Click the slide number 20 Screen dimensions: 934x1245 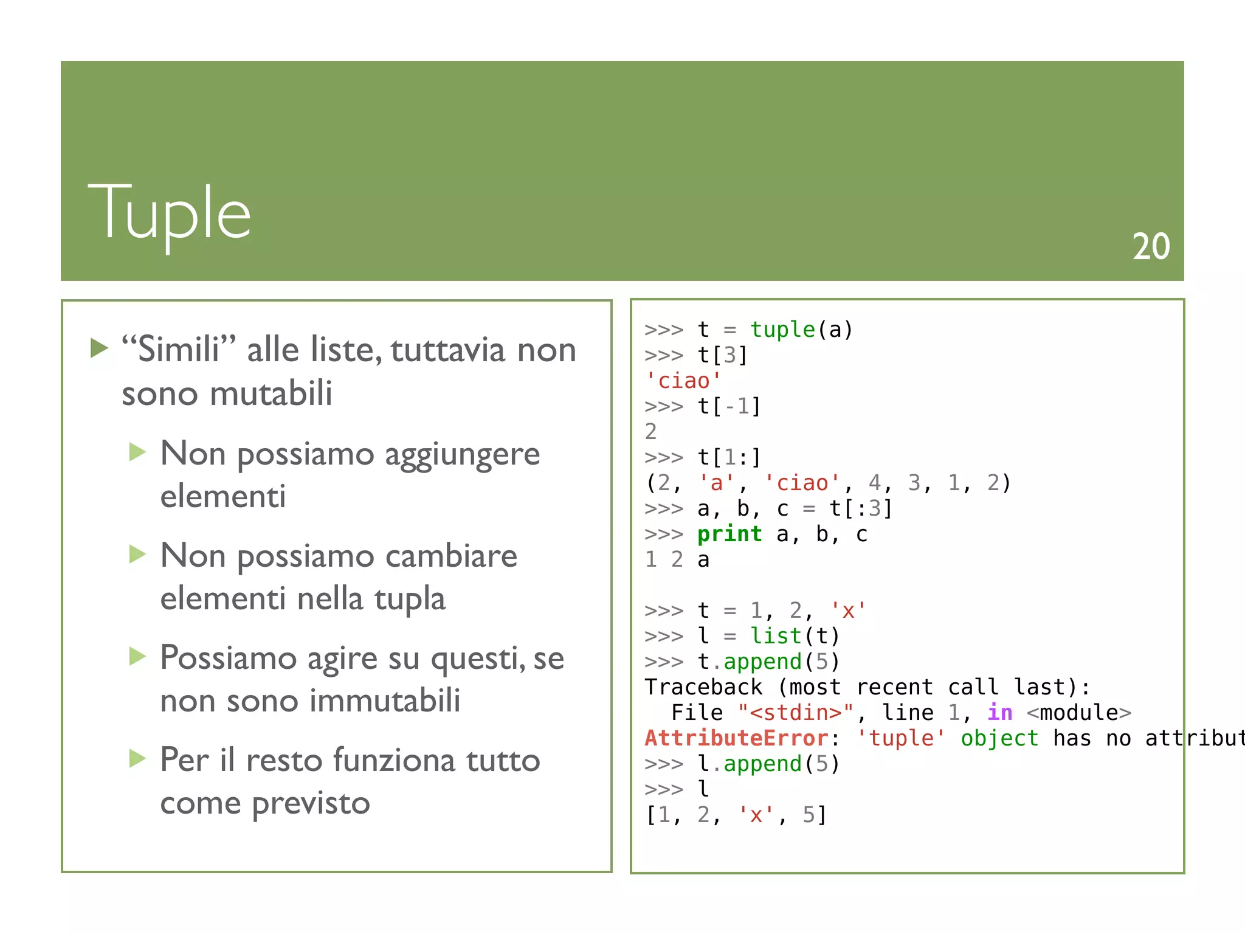tap(1151, 247)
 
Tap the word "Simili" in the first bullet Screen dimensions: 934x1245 tap(179, 350)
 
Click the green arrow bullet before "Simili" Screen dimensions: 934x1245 tap(99, 348)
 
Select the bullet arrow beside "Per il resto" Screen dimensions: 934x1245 tap(138, 759)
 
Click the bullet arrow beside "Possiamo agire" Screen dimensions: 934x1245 tap(138, 657)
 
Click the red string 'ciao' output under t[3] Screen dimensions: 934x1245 tap(683, 381)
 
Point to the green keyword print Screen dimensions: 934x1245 tap(729, 534)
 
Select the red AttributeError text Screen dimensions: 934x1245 tap(737, 738)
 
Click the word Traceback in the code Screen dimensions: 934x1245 tap(703, 687)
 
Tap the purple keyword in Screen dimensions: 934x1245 tap(1000, 713)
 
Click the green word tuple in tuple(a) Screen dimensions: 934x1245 tap(782, 330)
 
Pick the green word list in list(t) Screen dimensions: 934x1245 tap(776, 636)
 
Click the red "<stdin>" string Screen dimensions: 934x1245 tap(796, 713)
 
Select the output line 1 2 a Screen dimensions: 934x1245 tap(677, 559)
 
